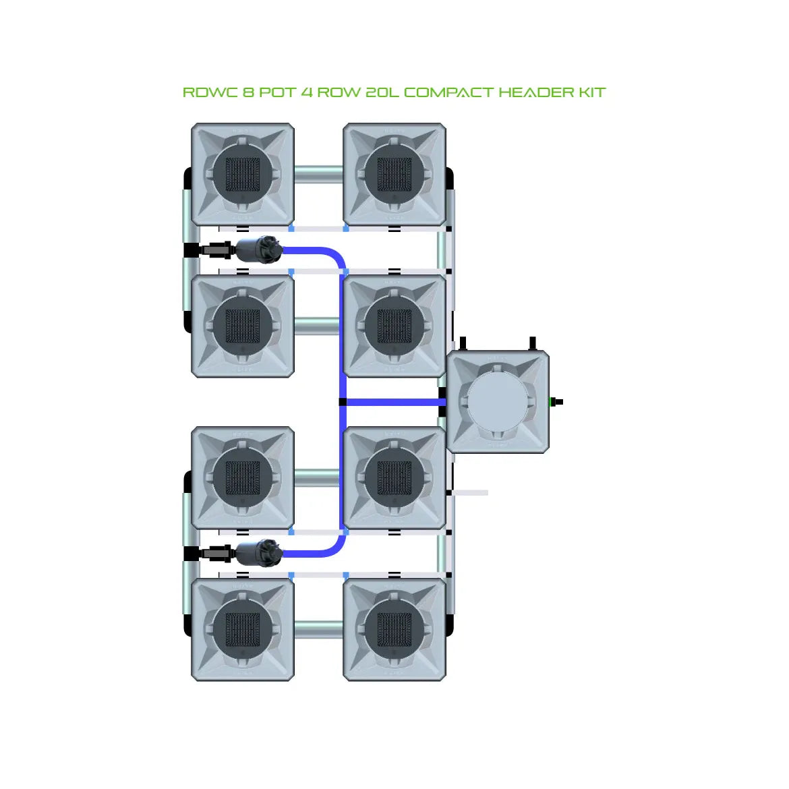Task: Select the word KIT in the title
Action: (591, 92)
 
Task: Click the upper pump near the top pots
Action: (258, 250)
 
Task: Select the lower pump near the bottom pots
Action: (258, 553)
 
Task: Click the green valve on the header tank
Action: (556, 403)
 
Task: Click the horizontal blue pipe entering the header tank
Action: (394, 403)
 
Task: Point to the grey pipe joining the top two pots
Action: (318, 173)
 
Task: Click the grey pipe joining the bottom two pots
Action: (318, 629)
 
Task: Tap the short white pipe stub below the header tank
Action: (469, 493)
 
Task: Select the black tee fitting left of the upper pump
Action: (191, 250)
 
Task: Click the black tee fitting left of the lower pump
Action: (191, 554)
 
